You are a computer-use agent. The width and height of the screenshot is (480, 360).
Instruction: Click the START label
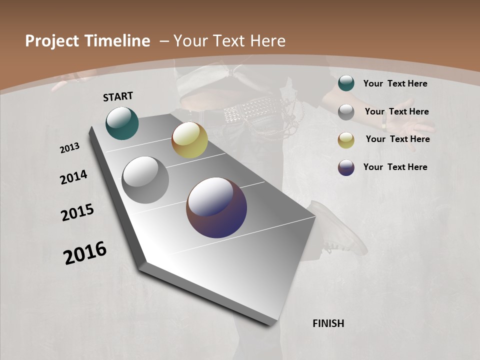[x=118, y=96]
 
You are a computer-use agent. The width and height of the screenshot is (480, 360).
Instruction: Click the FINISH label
[x=328, y=323]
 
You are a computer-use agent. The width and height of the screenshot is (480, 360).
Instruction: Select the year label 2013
[x=70, y=148]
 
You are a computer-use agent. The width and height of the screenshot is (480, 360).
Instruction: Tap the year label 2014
[x=73, y=177]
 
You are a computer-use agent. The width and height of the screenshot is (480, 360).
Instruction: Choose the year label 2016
[x=85, y=253]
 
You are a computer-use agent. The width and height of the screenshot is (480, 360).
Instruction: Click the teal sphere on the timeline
[x=122, y=123]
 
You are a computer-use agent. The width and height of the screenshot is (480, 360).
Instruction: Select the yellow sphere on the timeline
[x=189, y=140]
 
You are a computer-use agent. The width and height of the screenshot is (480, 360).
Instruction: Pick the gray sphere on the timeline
[x=145, y=180]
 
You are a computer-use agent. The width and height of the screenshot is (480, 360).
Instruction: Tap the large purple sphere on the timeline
[x=216, y=207]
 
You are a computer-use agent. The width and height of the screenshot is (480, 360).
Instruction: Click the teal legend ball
[x=346, y=83]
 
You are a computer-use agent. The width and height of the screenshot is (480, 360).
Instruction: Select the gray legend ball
[x=346, y=111]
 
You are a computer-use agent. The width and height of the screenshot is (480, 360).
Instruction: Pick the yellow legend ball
[x=346, y=140]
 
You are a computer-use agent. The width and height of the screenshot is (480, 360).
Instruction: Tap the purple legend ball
[x=346, y=167]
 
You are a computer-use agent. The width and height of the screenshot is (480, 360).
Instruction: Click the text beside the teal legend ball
[x=395, y=83]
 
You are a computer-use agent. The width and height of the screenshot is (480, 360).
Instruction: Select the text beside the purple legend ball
[x=395, y=167]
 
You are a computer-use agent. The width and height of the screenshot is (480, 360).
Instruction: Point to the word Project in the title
[x=51, y=41]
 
